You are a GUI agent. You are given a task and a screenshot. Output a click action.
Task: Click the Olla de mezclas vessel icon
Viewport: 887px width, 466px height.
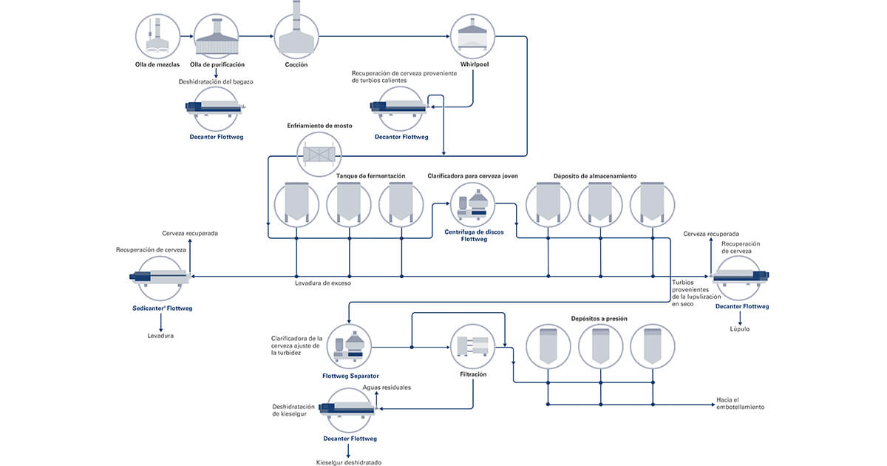coord(157,36)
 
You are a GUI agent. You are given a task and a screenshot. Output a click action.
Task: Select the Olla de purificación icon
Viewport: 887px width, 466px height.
coord(217,36)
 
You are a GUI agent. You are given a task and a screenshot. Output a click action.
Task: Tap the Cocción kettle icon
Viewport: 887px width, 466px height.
coord(296,35)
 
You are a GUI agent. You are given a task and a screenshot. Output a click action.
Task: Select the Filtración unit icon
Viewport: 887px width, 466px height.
coord(473,347)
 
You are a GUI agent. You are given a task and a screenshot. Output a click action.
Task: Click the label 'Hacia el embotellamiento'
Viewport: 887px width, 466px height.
coord(740,403)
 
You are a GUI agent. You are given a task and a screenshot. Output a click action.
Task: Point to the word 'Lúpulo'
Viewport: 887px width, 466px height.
coord(739,328)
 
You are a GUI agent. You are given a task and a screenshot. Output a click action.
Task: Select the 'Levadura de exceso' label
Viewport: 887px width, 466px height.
coord(322,283)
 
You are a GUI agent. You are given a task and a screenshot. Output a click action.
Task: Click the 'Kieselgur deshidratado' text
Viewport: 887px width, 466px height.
coord(347,462)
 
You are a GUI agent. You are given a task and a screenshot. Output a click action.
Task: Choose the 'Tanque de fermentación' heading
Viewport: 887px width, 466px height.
coord(371,176)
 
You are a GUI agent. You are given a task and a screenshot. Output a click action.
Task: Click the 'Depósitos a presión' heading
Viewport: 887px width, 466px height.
coord(599,318)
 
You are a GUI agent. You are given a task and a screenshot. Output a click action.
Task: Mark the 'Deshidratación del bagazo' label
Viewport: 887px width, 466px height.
coord(216,81)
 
